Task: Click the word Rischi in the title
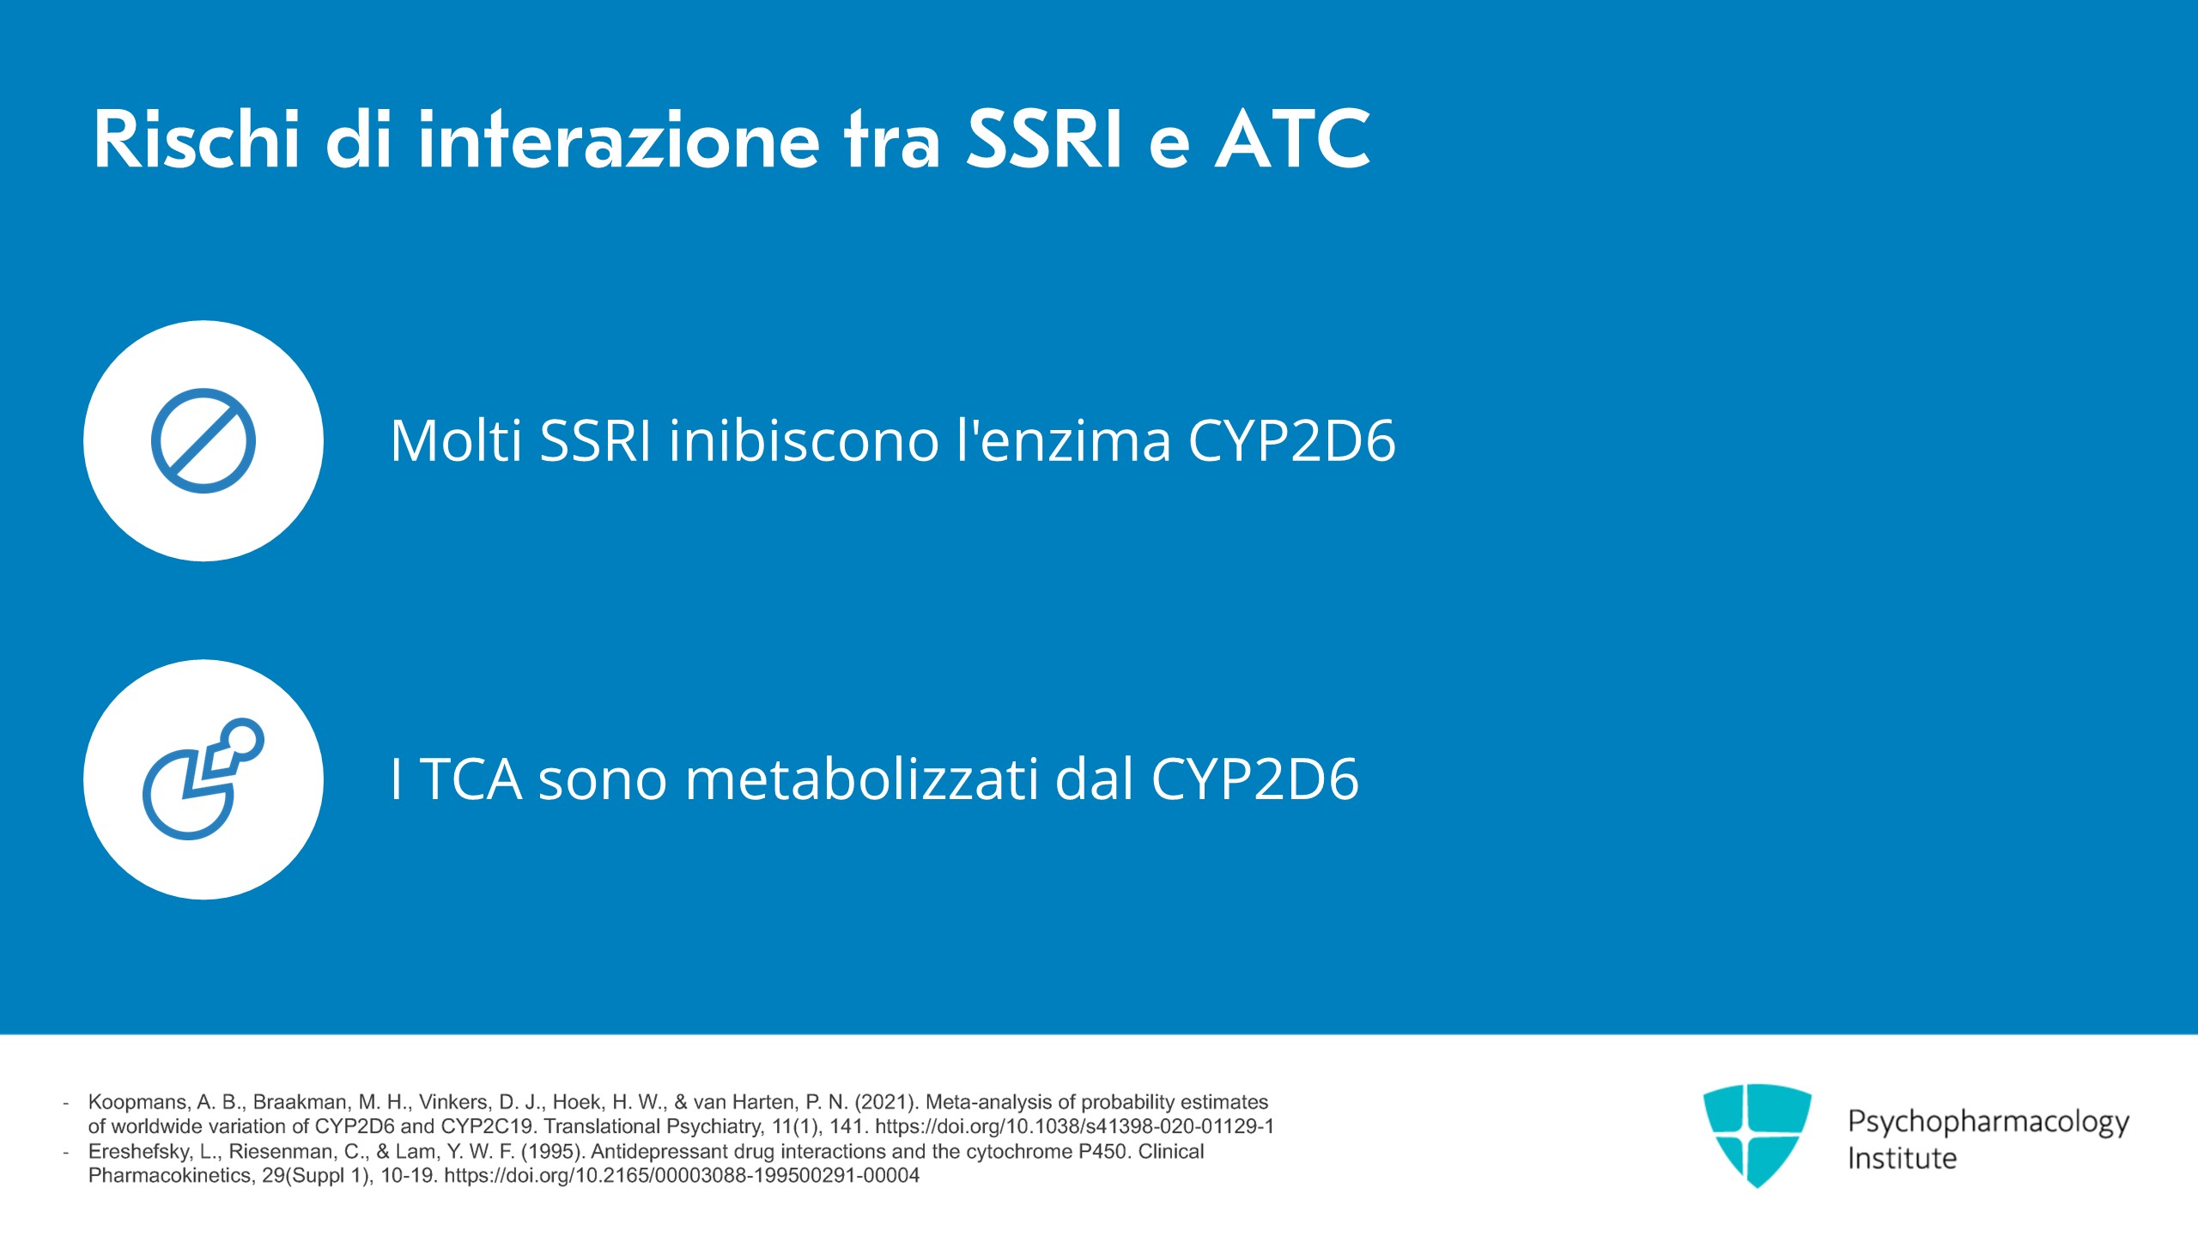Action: click(197, 139)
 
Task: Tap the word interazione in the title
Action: click(619, 139)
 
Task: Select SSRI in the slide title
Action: click(1044, 139)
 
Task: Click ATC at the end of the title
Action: click(1292, 139)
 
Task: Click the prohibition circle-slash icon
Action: click(203, 441)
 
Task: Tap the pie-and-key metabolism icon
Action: click(203, 779)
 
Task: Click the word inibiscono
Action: click(805, 440)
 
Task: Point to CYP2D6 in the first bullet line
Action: click(1292, 440)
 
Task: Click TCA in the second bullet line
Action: click(471, 779)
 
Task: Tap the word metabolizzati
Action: click(862, 779)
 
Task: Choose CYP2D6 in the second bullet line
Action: click(1254, 779)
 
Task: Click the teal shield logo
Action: click(1758, 1136)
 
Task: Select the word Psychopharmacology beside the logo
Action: click(1989, 1122)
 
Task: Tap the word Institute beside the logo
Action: click(1902, 1158)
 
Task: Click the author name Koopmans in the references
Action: click(137, 1102)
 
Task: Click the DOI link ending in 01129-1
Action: click(1075, 1126)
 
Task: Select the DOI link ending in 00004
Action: click(682, 1176)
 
